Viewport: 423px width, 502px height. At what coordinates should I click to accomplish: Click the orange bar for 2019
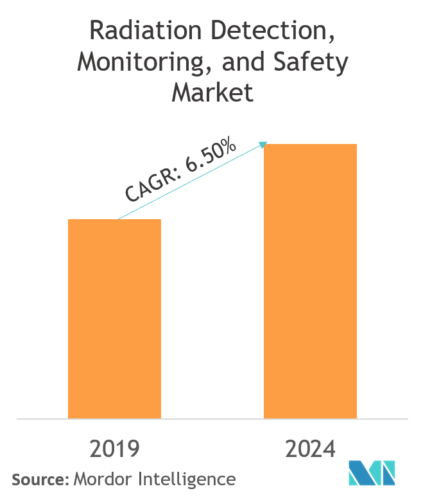(x=114, y=319)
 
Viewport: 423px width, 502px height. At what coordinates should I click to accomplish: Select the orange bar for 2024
(x=310, y=281)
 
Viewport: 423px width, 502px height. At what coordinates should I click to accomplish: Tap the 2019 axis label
(x=114, y=449)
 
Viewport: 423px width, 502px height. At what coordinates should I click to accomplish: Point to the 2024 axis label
(x=310, y=449)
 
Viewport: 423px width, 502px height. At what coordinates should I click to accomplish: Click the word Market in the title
(x=212, y=93)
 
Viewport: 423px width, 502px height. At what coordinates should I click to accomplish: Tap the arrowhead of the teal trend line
(x=263, y=144)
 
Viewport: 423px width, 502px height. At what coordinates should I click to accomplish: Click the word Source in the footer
(x=38, y=480)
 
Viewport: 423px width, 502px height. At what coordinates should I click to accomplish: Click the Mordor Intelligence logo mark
(x=372, y=474)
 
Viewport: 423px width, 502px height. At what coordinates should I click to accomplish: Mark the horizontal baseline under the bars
(x=212, y=419)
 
